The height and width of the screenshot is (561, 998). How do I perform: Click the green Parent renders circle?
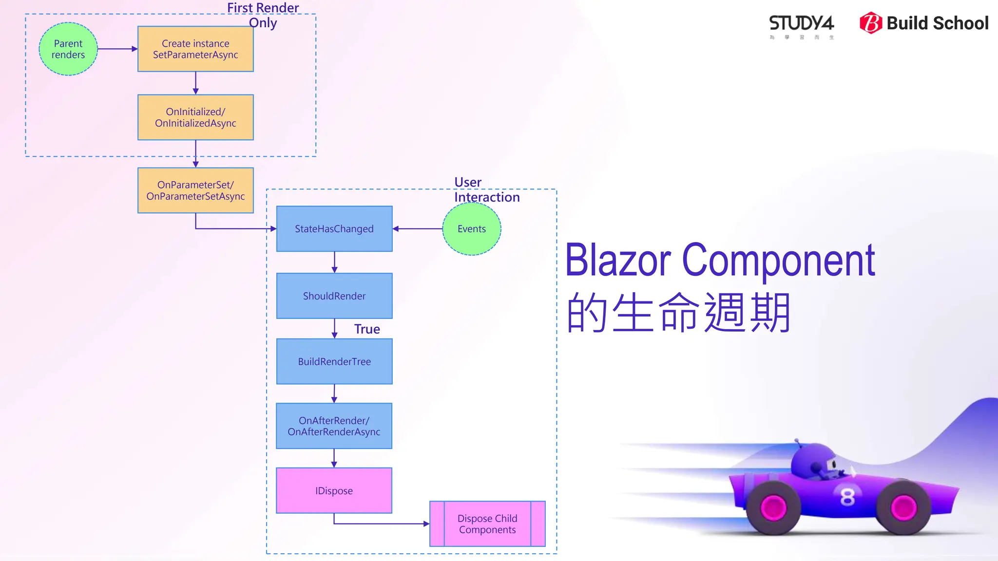[x=68, y=49]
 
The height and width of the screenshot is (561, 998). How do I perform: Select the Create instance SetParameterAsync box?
[x=195, y=49]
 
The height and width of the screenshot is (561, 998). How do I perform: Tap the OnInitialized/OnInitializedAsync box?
[x=195, y=117]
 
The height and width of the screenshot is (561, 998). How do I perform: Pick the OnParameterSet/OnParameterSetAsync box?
[x=195, y=190]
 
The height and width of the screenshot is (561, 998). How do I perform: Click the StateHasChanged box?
[x=334, y=229]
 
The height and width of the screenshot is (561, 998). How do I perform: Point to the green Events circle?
[x=471, y=229]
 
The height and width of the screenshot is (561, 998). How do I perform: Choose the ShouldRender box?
[x=334, y=296]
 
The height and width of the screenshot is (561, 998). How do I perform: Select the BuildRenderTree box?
[x=334, y=362]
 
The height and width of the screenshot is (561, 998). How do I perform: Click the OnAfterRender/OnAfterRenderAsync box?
[x=334, y=426]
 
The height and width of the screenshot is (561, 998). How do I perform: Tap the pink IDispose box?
[x=334, y=491]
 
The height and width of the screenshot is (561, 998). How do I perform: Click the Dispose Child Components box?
[x=487, y=524]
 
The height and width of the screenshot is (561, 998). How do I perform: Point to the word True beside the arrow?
[x=367, y=329]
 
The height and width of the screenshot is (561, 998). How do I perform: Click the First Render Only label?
[x=263, y=15]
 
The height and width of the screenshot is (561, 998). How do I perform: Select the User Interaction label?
[x=486, y=189]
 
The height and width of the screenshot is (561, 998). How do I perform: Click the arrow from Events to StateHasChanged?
[x=418, y=229]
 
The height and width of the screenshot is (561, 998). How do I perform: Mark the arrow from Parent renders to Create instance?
[x=117, y=49]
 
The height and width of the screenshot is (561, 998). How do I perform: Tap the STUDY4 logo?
[x=802, y=24]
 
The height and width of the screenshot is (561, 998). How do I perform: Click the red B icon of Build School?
[x=871, y=23]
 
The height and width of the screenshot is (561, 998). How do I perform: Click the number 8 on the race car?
[x=847, y=497]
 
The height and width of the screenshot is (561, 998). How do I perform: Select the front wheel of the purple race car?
[x=903, y=508]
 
